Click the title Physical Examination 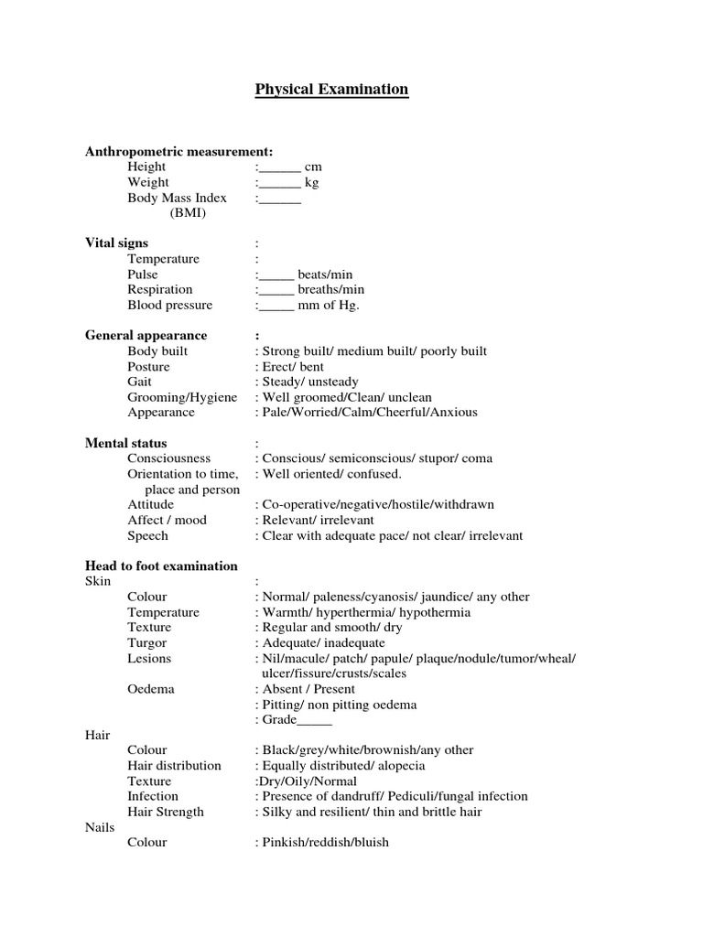(x=331, y=90)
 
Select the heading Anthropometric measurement (x=178, y=151)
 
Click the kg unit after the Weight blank (x=312, y=182)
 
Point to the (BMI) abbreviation (x=188, y=213)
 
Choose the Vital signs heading (x=116, y=243)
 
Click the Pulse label (x=143, y=275)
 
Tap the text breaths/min (x=330, y=289)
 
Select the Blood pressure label (x=169, y=305)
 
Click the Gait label (x=140, y=382)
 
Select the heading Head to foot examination (x=161, y=565)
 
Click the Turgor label (x=146, y=642)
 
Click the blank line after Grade (x=315, y=720)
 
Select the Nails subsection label (x=100, y=827)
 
